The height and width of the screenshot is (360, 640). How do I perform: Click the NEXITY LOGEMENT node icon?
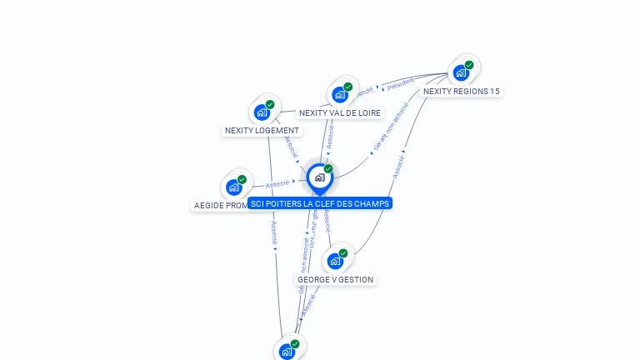[262, 112]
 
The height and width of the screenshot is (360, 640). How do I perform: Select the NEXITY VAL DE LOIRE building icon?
[339, 94]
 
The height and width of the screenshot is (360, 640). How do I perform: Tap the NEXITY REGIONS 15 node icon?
[461, 72]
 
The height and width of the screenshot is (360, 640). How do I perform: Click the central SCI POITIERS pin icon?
[319, 177]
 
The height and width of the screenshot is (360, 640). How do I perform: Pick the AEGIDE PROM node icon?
[233, 187]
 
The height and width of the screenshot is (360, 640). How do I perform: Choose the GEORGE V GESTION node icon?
[335, 261]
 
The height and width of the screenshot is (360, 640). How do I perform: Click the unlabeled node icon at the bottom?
[287, 352]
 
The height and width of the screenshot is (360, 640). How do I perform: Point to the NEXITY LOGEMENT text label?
[262, 131]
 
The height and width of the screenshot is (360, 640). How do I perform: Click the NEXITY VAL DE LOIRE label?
[340, 113]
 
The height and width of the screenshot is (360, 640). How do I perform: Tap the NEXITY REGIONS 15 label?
[462, 92]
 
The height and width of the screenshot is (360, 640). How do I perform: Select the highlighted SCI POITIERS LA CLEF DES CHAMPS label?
[319, 203]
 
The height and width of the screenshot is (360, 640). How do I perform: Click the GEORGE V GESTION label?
[336, 280]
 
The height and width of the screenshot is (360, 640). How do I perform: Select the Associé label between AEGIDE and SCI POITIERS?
[277, 183]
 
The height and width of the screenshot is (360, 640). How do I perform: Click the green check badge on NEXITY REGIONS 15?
[469, 65]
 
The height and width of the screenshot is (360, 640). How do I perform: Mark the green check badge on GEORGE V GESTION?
[343, 253]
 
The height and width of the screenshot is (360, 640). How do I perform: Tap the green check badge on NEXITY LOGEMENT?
[270, 104]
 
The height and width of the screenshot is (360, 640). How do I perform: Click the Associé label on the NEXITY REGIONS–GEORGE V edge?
[398, 164]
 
